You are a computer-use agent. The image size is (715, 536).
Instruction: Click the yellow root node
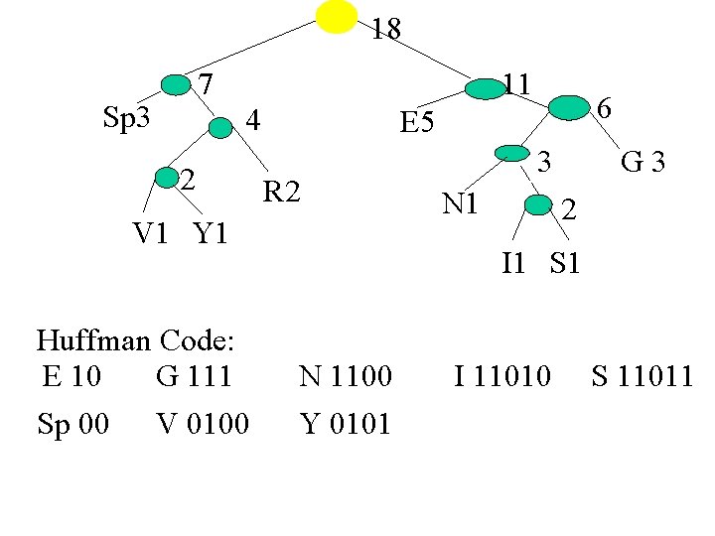click(x=337, y=17)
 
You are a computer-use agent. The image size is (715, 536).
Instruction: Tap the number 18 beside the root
click(x=386, y=30)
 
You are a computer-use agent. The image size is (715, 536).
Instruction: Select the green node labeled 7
click(x=176, y=85)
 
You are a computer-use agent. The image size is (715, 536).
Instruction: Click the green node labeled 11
click(x=486, y=89)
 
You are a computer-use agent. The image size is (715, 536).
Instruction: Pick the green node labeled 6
click(x=569, y=107)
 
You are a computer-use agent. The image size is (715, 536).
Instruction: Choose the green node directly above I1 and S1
click(x=537, y=204)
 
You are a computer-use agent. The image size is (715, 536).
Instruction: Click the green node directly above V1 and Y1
click(x=167, y=179)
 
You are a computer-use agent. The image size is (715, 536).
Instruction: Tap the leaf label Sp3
click(x=127, y=118)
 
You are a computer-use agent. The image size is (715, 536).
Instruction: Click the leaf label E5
click(x=416, y=123)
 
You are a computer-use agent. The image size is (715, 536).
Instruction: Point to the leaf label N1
click(x=462, y=203)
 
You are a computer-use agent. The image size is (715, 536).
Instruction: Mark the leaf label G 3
click(x=643, y=161)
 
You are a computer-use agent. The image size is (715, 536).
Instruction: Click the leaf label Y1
click(x=211, y=234)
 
